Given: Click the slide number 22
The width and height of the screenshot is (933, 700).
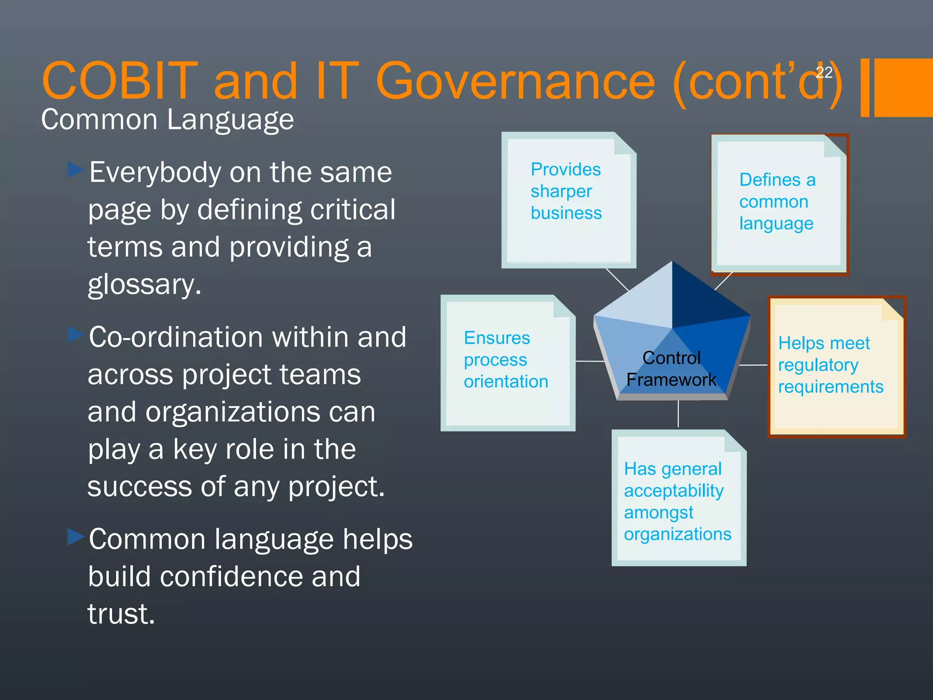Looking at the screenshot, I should pyautogui.click(x=824, y=72).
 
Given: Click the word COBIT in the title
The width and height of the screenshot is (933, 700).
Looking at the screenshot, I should pyautogui.click(x=119, y=81).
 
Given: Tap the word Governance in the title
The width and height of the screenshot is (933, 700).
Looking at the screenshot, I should pyautogui.click(x=515, y=81).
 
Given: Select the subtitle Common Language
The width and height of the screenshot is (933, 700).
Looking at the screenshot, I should pyautogui.click(x=167, y=120).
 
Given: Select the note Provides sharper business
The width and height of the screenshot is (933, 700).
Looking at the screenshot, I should pyautogui.click(x=568, y=201).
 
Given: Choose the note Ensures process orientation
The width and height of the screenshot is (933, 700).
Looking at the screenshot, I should pyautogui.click(x=507, y=362).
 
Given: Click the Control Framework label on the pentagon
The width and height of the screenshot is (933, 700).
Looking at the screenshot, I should pyautogui.click(x=672, y=369).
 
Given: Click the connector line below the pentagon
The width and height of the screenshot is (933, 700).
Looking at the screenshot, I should pyautogui.click(x=678, y=414).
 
